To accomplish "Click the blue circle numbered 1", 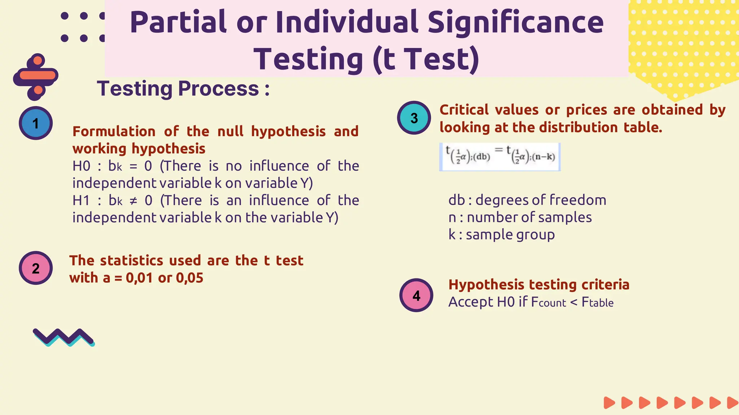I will [36, 123].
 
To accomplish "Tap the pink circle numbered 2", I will [36, 268].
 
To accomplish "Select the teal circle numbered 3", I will [414, 118].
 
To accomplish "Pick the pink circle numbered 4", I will [416, 295].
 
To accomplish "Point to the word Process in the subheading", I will [219, 89].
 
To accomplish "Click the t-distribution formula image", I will [500, 157].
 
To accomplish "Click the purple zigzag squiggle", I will [64, 337].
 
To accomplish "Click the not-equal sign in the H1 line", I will [134, 201].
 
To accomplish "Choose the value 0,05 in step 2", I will [190, 278].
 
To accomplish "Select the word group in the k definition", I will [535, 235].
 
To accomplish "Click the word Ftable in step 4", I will [597, 302].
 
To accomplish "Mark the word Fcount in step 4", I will [548, 302].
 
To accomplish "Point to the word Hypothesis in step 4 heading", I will [486, 285].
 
